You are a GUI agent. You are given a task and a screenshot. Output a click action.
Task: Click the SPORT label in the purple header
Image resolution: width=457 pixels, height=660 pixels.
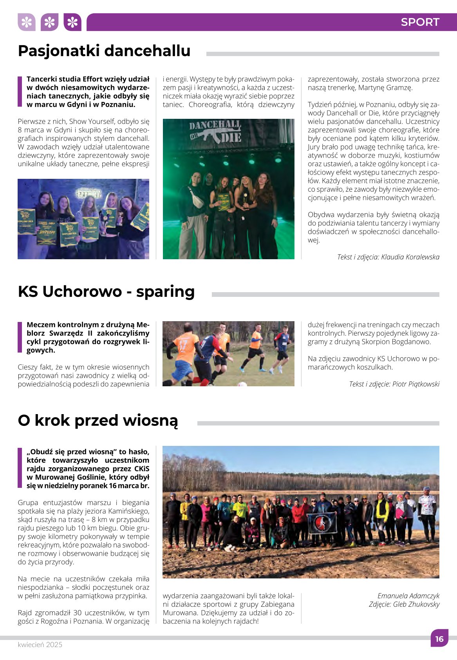(x=420, y=22)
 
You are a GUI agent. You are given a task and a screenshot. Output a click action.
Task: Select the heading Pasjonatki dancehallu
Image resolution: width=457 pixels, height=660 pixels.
(x=104, y=51)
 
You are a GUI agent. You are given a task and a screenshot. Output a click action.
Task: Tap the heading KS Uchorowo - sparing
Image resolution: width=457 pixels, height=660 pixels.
(x=106, y=292)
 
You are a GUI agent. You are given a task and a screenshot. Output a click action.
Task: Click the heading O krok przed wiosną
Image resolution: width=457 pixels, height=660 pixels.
(x=98, y=420)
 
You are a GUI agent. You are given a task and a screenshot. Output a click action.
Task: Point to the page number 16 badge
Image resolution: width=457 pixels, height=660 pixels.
(x=439, y=638)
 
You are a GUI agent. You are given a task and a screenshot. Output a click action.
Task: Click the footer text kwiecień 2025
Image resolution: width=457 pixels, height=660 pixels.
(x=40, y=645)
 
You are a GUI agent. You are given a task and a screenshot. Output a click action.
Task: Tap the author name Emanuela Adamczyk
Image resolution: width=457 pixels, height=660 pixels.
(x=408, y=596)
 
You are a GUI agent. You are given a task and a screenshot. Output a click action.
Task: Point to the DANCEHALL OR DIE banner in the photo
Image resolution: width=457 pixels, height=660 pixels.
(x=215, y=131)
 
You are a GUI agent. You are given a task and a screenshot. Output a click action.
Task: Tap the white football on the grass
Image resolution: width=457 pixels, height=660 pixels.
(x=242, y=384)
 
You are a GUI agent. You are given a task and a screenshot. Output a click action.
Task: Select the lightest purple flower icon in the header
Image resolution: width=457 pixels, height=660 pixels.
(x=27, y=22)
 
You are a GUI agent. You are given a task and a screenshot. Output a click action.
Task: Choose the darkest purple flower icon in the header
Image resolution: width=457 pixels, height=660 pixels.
(x=72, y=22)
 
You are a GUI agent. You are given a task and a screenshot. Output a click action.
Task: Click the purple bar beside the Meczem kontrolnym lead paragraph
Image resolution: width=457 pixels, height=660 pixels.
(x=20, y=337)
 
